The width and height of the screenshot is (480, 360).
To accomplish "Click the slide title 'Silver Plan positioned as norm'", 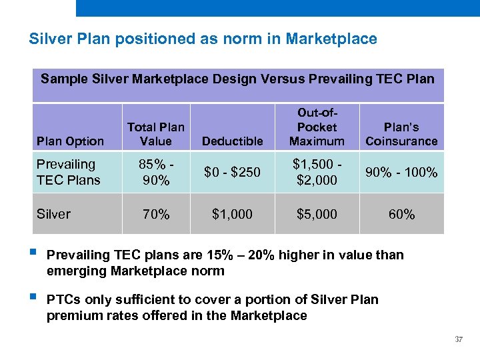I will coord(203,39).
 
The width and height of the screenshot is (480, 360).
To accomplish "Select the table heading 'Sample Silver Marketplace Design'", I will coord(237,79).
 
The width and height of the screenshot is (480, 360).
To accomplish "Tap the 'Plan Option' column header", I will coord(70,141).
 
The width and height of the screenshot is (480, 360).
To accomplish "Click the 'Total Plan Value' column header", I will coord(156,134).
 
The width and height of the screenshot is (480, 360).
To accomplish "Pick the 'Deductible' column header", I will coord(233,141).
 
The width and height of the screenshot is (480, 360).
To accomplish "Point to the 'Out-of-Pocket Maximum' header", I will coord(317,127).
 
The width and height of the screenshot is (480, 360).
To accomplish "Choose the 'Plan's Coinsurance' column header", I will coord(401,134).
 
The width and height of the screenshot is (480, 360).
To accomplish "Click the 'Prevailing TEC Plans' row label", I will coord(68,172).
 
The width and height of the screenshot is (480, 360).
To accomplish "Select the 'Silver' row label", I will coord(53,214).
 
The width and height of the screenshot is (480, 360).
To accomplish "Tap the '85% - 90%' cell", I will coord(156,172).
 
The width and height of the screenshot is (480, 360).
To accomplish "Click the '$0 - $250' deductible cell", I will coord(233,173).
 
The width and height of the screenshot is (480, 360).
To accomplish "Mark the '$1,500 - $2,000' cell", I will coord(317,172).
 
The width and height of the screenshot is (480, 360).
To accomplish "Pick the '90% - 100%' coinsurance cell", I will coord(401,173).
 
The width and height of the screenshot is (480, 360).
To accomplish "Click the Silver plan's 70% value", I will coord(156,214).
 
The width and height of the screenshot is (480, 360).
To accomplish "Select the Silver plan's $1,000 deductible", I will coord(233,214).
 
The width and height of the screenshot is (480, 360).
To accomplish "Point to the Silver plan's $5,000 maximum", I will coord(317,214).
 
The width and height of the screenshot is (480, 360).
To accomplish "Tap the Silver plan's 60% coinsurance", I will coord(401,214).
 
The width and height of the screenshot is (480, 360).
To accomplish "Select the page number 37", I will coord(458,339).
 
